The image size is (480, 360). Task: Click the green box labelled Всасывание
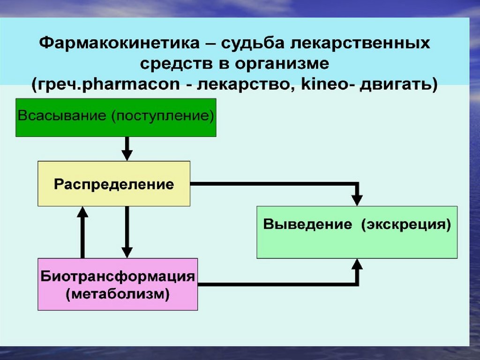[116, 117]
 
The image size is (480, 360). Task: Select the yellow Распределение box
[114, 184]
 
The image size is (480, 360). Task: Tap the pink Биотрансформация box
[117, 284]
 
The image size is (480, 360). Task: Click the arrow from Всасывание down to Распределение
[127, 149]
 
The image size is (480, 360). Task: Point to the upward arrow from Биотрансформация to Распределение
[83, 232]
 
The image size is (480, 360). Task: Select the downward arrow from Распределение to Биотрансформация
[127, 232]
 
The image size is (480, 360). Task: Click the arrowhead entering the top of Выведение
[357, 199]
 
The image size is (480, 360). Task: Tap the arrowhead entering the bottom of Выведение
[357, 265]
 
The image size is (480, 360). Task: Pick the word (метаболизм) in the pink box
[117, 295]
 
